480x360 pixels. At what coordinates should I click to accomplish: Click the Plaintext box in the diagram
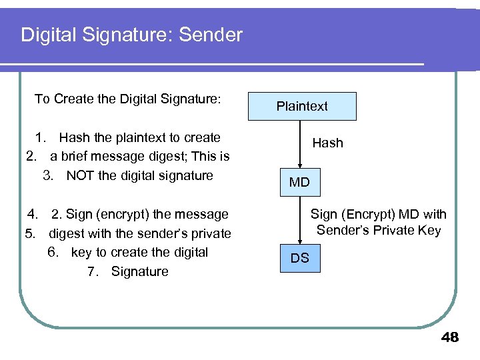(302, 106)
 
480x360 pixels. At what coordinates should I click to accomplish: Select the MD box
(299, 182)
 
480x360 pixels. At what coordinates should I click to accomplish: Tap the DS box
(299, 258)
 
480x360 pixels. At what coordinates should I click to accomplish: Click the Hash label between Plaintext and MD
(328, 143)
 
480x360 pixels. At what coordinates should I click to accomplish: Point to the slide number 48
(450, 337)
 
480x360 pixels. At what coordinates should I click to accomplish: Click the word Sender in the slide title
(211, 35)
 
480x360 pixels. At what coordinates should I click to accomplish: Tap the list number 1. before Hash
(41, 137)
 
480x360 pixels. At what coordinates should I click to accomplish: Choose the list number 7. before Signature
(94, 271)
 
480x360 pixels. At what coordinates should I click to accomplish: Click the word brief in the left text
(77, 156)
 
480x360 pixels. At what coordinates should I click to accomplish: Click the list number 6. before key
(55, 252)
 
